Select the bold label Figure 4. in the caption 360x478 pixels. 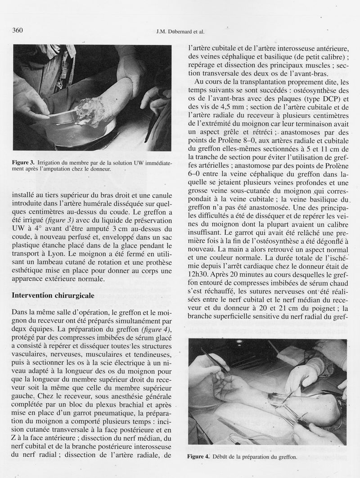(x=198, y=457)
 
